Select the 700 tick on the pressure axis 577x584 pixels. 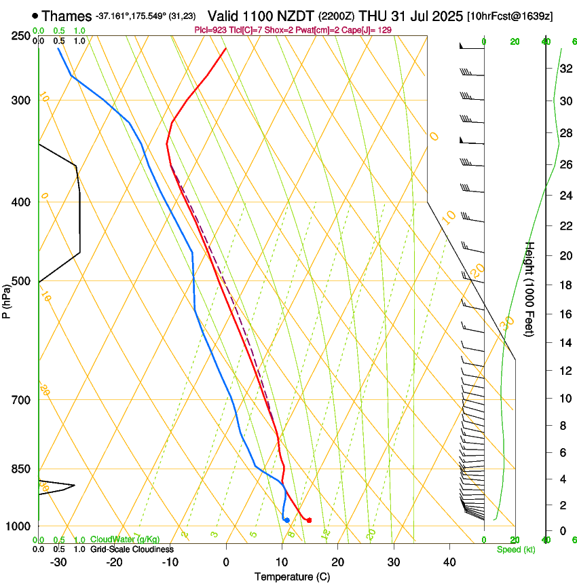click(20, 400)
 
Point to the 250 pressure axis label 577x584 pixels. click(20, 36)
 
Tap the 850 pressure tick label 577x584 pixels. click(20, 469)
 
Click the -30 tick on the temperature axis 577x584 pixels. click(58, 562)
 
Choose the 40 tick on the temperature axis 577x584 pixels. click(449, 562)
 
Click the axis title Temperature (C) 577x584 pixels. click(292, 577)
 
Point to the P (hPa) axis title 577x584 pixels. click(7, 298)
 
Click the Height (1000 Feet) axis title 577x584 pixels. click(531, 289)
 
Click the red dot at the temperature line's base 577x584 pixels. click(309, 520)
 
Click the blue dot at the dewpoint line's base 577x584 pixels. click(287, 520)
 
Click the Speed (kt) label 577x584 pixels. click(515, 549)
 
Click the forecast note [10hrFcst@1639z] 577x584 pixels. click(510, 16)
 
